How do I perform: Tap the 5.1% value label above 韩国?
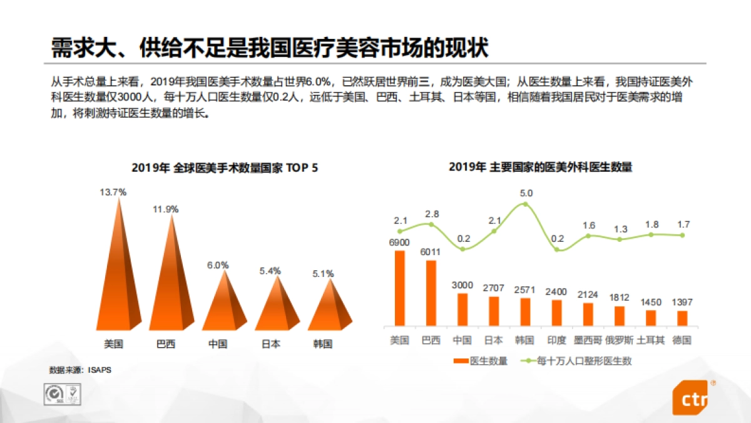[x=324, y=274]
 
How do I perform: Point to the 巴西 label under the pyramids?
[x=166, y=344]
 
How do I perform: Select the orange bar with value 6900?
[x=399, y=288]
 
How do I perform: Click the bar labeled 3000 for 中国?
[x=462, y=309]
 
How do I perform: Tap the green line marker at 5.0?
[x=525, y=204]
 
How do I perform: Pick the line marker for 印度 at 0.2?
[x=556, y=249]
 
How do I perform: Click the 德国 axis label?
[x=682, y=340]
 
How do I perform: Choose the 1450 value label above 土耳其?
[x=650, y=303]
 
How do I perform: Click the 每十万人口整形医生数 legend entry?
[x=575, y=361]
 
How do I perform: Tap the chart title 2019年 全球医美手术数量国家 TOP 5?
[x=225, y=168]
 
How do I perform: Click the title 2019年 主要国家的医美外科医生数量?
[x=540, y=167]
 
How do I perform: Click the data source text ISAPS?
[x=100, y=370]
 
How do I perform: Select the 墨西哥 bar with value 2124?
[x=588, y=314]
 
